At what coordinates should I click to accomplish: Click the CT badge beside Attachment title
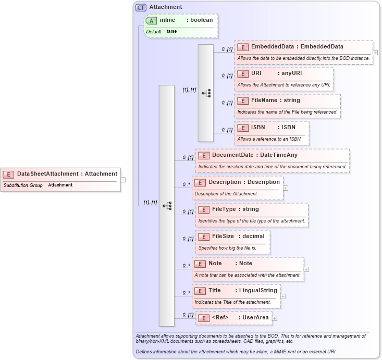141,7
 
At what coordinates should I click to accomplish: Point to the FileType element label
224,209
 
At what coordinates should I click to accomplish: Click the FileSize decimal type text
253,236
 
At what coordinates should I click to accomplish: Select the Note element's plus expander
306,269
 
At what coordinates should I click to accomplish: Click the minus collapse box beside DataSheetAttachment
123,180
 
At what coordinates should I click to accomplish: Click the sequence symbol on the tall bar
167,205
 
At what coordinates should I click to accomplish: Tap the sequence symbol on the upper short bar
206,93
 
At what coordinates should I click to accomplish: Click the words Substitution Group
23,185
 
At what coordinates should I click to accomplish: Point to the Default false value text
171,31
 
